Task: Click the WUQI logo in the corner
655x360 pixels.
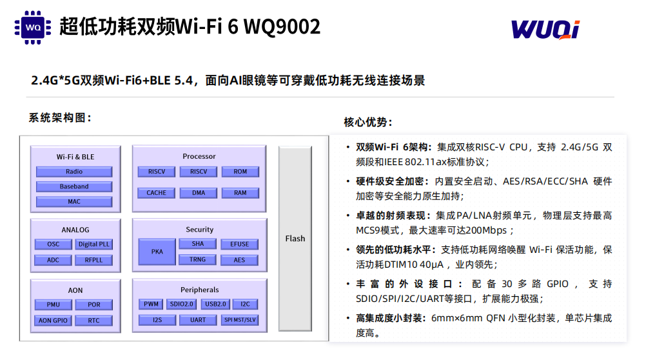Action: [x=545, y=30]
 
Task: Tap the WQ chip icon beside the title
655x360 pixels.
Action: [x=33, y=28]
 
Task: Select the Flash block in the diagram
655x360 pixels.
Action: [x=295, y=239]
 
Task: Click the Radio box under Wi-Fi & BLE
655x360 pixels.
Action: [x=74, y=172]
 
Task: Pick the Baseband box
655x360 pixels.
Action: [x=74, y=186]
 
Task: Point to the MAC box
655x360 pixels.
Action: [x=74, y=201]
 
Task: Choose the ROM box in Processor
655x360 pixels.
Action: [x=240, y=172]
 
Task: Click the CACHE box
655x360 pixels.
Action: [x=156, y=193]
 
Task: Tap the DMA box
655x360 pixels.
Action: [x=199, y=193]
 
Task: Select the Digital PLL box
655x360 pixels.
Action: [x=94, y=244]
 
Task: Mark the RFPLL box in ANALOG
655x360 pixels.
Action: [x=93, y=260]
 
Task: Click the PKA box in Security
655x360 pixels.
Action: [x=157, y=252]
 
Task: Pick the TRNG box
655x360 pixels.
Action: [x=197, y=259]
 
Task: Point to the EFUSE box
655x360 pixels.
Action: [x=239, y=244]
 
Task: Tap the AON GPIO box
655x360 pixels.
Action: [x=53, y=321]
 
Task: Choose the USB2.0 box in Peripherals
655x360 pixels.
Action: [x=215, y=304]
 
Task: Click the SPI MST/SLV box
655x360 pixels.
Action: [x=240, y=320]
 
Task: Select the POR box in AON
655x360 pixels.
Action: [x=94, y=305]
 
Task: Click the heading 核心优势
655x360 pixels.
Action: [x=368, y=122]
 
